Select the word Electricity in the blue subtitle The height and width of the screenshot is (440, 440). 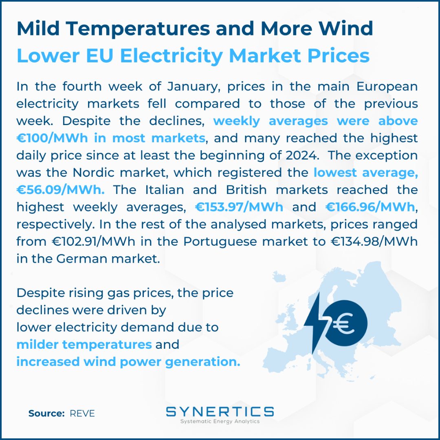[x=172, y=56]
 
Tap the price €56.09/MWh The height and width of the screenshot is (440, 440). [x=60, y=190]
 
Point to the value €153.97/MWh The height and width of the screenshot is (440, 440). [x=239, y=207]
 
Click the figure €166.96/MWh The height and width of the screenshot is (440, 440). [x=370, y=207]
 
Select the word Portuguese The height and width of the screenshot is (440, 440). [x=220, y=242]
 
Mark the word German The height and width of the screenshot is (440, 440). [x=81, y=259]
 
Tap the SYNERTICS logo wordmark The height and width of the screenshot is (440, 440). [x=220, y=411]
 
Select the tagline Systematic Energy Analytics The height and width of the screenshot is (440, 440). [x=220, y=422]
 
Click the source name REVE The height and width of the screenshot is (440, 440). [x=82, y=414]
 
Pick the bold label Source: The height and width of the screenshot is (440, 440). [x=46, y=414]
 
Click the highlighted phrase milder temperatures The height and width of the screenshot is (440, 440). [x=84, y=345]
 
